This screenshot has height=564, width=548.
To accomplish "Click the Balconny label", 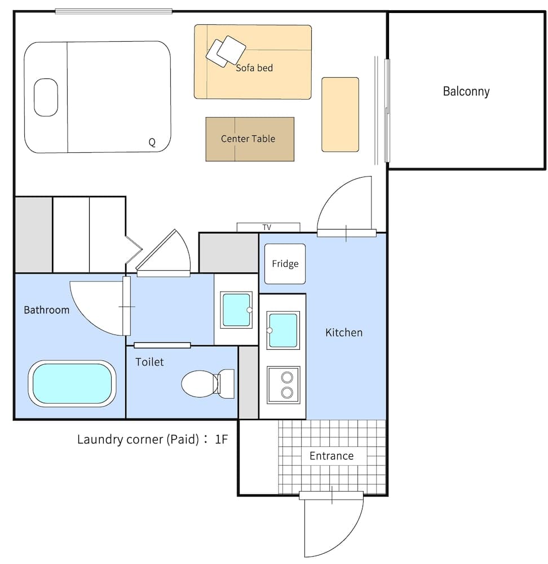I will pos(466,91).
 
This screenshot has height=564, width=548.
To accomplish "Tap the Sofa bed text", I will pos(254,68).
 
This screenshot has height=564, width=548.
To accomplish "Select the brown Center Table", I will pos(249,139).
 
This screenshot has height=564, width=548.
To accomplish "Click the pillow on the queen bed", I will pos(46,98).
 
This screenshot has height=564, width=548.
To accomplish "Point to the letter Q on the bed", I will pos(152,143).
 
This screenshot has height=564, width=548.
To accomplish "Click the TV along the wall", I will pos(267,227).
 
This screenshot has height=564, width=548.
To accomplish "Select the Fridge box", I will pos(285,264).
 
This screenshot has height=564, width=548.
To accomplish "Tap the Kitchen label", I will pos(344,333).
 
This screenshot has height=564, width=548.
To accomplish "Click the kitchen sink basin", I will pos(284,330).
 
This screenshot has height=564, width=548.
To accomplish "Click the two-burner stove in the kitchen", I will pos(284,385).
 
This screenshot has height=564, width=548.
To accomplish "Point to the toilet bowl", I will pos(200,384).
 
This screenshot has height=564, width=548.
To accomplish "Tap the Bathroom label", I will pos(47,310).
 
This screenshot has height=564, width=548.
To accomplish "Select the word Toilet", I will pos(149,362).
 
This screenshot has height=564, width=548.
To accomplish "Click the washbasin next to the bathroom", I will pos(236,309).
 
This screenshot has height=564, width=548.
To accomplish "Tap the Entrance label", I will pos(332,456).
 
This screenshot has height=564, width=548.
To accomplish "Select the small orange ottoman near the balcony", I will pos(340,114).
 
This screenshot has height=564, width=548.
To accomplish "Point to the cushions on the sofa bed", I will pos(226,51).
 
